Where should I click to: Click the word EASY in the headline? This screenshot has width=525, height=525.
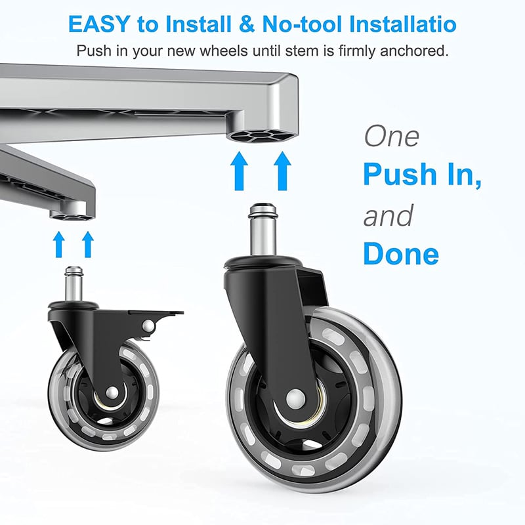99,24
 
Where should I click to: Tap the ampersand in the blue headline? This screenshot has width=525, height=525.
247,24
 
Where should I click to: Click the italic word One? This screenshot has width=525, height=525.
391,136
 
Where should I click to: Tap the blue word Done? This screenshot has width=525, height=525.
401,253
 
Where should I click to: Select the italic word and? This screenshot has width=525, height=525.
388,216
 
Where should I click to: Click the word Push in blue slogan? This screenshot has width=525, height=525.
400,174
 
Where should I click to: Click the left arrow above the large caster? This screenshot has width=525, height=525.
239,171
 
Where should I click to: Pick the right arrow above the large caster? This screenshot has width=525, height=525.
282,171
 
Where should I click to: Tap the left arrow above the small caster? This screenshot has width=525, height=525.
59,244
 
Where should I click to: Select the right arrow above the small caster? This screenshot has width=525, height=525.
88,244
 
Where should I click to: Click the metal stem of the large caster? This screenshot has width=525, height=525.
263,230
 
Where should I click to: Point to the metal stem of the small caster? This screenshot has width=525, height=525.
73,283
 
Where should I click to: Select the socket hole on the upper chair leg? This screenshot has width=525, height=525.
261,136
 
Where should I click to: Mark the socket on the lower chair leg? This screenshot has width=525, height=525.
72,217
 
